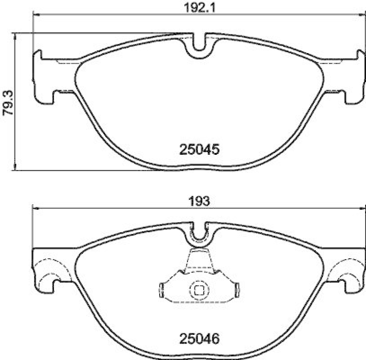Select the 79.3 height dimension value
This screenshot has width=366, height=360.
(7, 104)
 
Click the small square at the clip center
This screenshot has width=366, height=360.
(199, 290)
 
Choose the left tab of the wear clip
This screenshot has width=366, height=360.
(162, 289)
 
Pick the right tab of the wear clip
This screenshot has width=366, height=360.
(236, 289)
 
